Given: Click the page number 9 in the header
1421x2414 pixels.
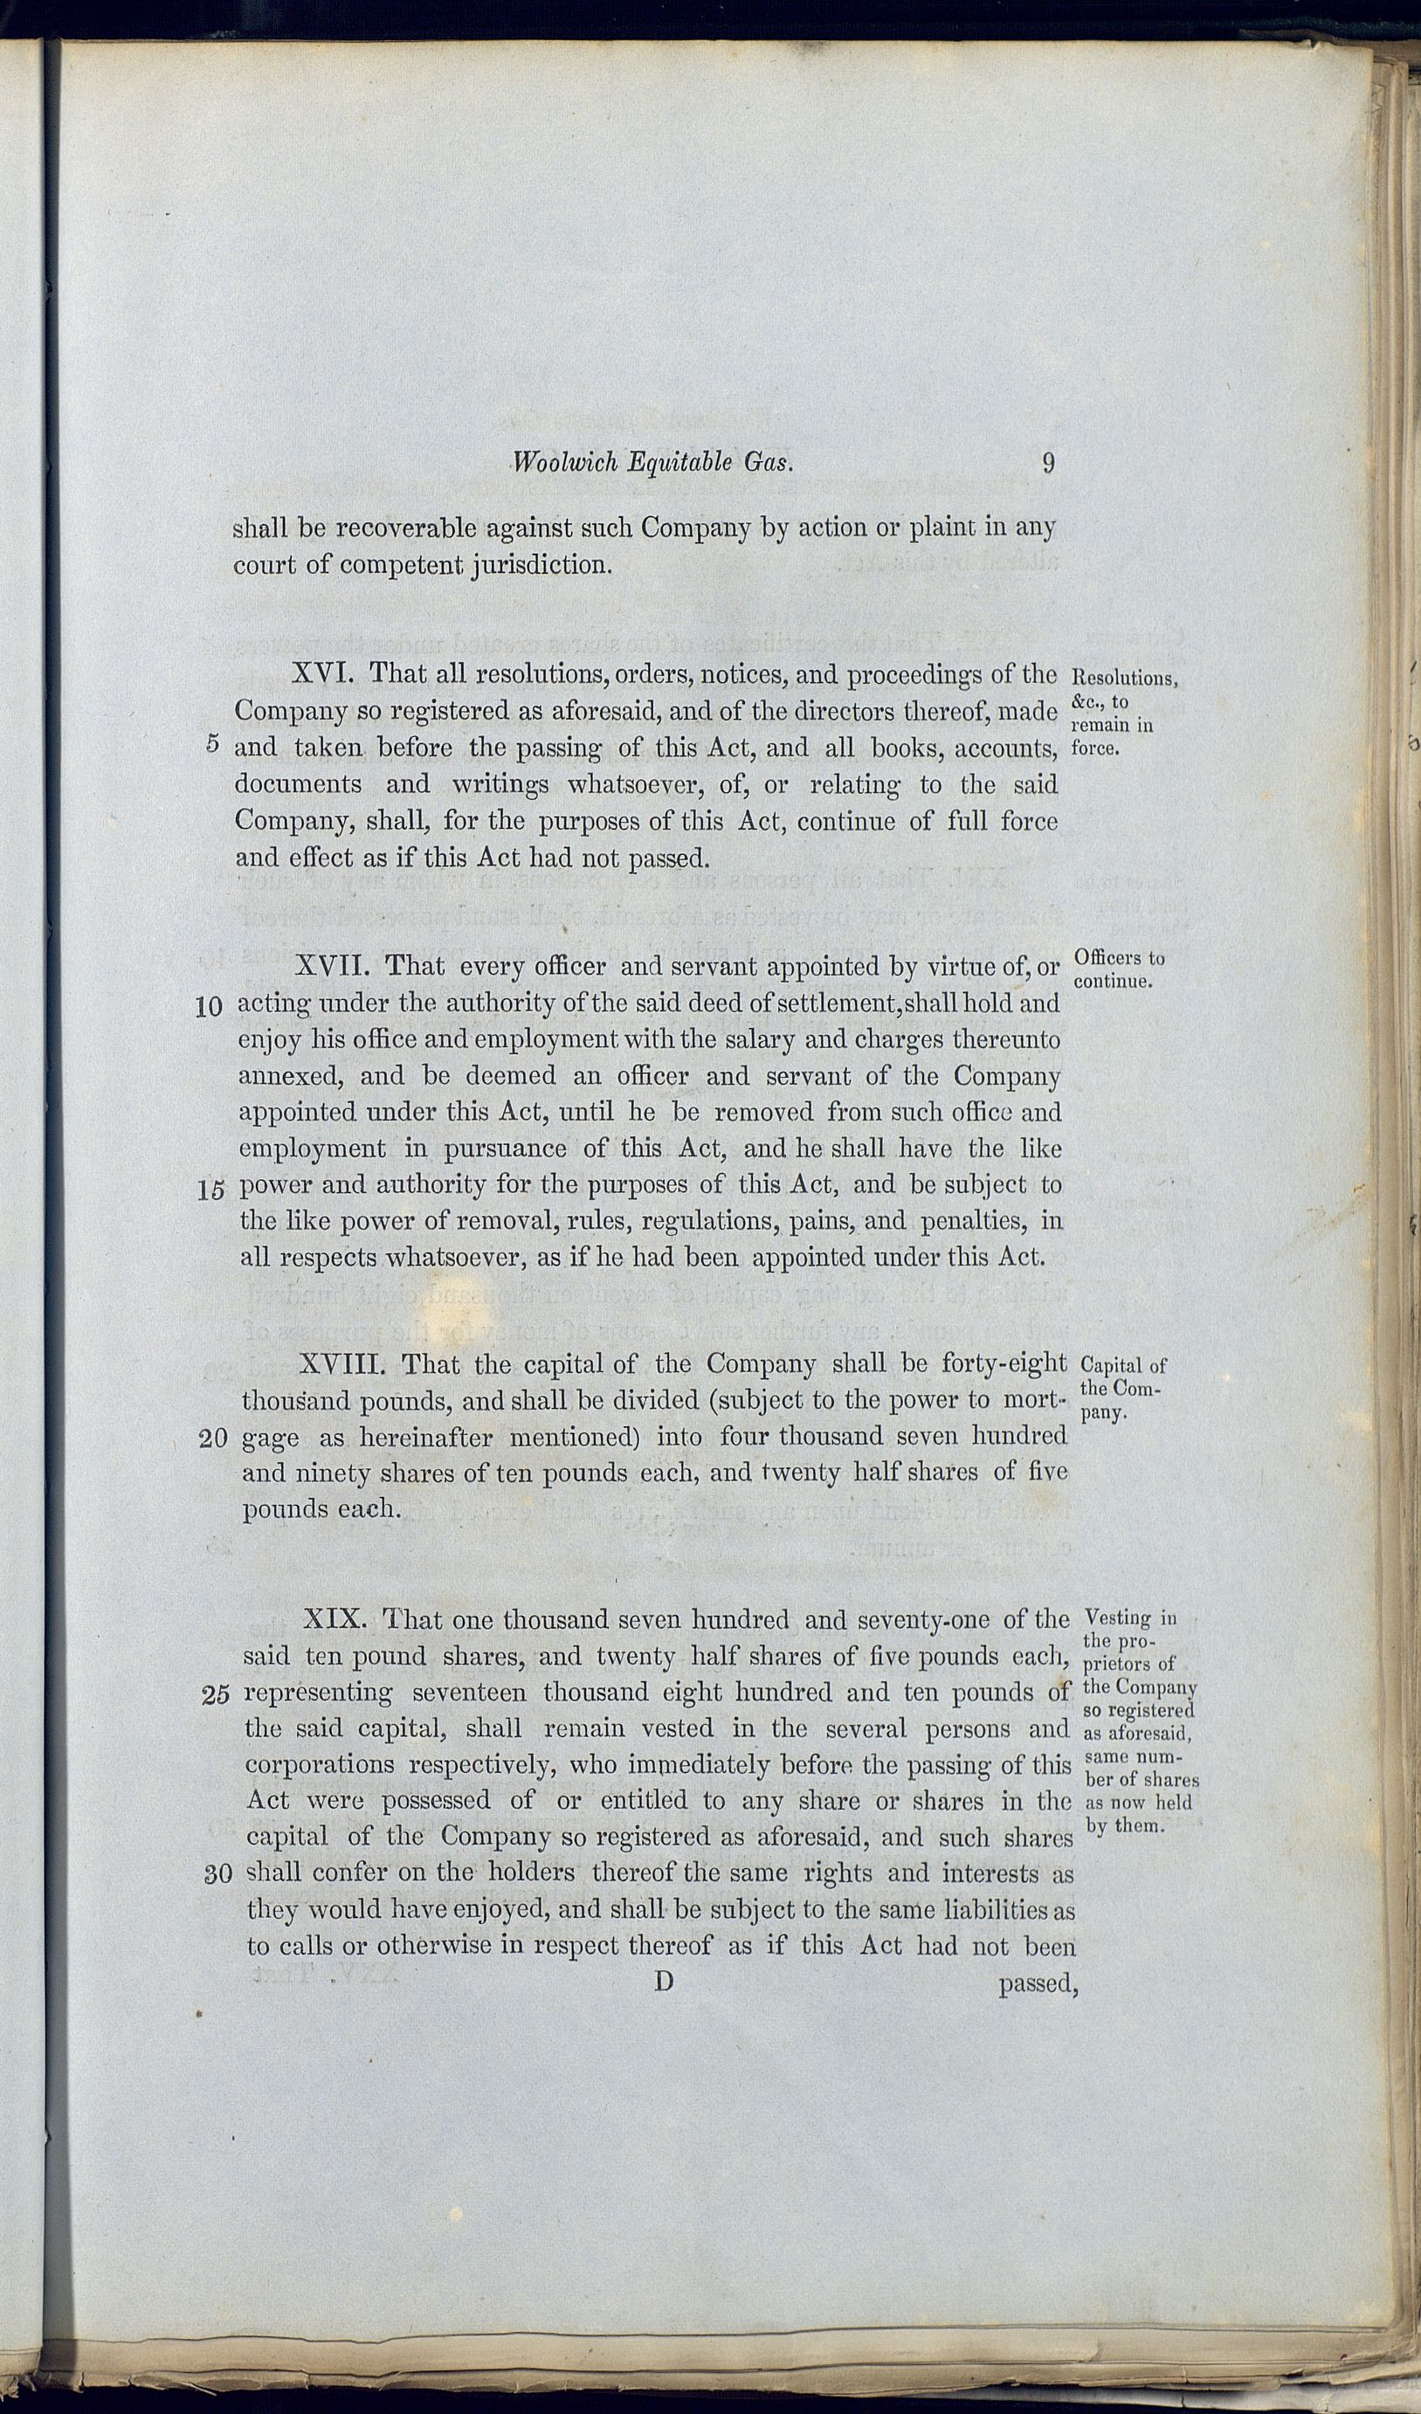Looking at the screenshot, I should tap(1048, 463).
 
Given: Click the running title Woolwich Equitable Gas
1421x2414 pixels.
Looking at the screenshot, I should tap(653, 463).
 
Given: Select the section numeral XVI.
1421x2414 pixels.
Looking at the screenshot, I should tap(323, 672).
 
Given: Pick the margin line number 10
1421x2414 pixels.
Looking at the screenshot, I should tap(209, 1007).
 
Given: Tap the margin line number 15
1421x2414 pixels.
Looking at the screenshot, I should tap(210, 1190).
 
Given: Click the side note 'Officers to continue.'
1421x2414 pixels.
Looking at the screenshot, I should tap(1117, 969).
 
